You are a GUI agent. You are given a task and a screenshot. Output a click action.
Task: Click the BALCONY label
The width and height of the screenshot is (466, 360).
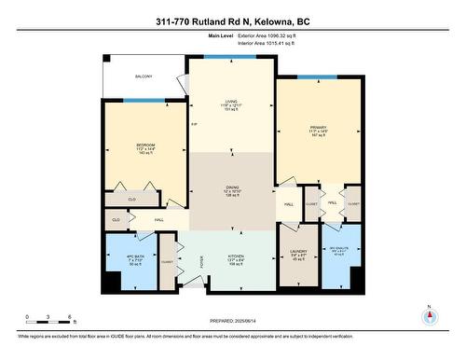point(144,76)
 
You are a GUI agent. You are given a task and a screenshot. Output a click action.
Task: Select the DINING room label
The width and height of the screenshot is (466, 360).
point(230,190)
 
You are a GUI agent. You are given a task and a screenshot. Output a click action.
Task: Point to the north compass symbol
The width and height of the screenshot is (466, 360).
point(430,315)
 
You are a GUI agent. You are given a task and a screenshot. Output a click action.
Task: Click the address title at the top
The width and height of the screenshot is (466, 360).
point(232,20)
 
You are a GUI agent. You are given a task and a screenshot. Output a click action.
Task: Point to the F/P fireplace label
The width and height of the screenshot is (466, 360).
point(194,124)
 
